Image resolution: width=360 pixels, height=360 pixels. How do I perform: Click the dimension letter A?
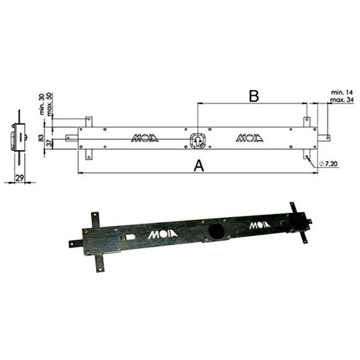coord(198,166)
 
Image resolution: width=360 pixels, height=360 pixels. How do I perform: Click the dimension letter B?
coord(254,96)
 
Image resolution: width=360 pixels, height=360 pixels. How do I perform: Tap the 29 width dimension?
coord(19,177)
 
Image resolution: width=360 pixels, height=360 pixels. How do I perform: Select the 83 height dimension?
coord(41,138)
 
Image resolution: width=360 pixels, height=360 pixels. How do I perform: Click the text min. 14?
coord(342,93)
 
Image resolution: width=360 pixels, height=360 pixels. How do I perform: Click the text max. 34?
coord(342,100)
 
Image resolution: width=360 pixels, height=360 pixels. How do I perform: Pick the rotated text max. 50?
coord(49,104)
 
